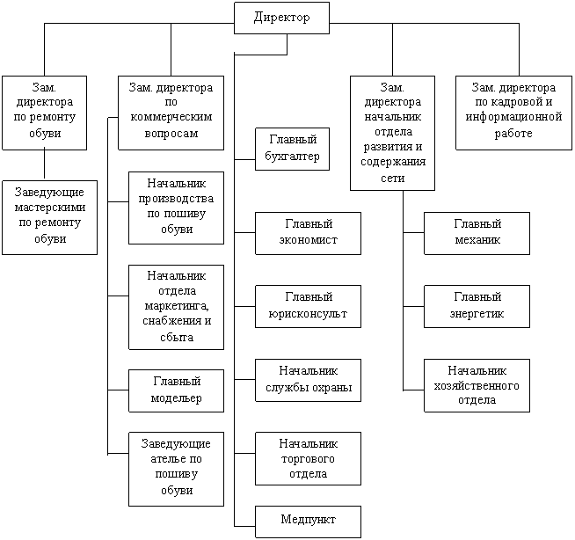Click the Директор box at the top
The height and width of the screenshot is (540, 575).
click(x=281, y=18)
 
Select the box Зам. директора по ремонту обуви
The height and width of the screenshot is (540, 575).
click(x=44, y=112)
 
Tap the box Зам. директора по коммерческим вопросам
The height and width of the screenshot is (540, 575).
click(x=171, y=112)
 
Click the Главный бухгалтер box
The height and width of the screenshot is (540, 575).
click(x=286, y=149)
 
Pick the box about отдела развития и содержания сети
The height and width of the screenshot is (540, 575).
click(x=393, y=133)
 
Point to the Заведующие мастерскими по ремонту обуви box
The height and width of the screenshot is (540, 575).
click(x=49, y=217)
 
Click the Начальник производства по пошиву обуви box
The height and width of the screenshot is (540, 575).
click(x=177, y=208)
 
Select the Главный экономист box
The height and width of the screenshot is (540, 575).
click(x=308, y=233)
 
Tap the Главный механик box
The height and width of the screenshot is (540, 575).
click(x=477, y=233)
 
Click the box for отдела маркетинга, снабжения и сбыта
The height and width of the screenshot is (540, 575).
click(x=177, y=305)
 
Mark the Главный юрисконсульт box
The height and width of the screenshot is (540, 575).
click(x=308, y=305)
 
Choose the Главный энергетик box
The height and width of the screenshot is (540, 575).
click(x=477, y=305)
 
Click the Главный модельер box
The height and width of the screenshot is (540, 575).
click(x=177, y=390)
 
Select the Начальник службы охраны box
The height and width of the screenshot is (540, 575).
click(x=308, y=379)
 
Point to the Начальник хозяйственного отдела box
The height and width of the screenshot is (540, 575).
click(x=477, y=384)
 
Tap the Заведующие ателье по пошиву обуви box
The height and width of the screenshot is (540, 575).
click(x=177, y=468)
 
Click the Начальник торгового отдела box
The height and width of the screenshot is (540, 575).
click(x=308, y=457)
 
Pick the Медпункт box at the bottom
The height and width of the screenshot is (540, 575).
click(x=308, y=521)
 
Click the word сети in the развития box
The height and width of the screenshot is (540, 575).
click(x=393, y=178)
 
